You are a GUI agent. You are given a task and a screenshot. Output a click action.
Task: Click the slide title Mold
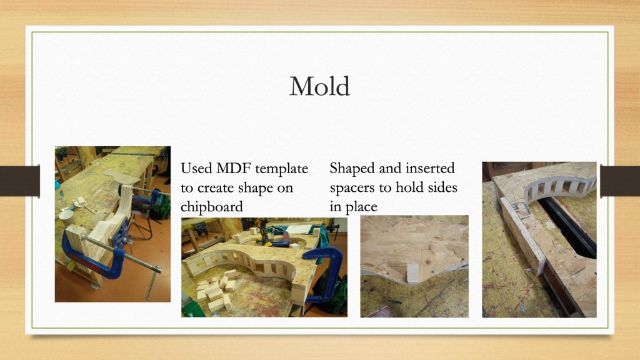coord(319,86)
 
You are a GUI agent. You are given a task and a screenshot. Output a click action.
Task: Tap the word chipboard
coord(211,206)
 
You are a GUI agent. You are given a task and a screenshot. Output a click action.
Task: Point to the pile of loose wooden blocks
coord(215,289)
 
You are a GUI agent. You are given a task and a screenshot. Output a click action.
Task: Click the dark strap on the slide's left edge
coord(20,181)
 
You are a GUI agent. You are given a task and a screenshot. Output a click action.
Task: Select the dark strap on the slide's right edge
coord(620,181)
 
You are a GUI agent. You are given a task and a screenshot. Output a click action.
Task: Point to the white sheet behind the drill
coord(299,229)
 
